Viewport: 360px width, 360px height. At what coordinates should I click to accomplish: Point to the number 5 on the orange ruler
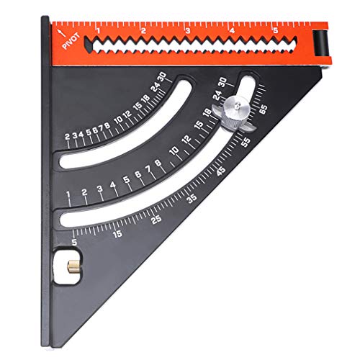pos(276,30)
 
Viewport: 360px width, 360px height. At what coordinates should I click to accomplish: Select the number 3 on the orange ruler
pos(187,30)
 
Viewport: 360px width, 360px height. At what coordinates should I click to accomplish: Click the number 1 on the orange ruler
pos(98,30)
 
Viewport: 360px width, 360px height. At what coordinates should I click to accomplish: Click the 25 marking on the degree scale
pos(156,220)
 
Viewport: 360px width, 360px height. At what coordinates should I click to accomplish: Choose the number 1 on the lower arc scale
pos(68,195)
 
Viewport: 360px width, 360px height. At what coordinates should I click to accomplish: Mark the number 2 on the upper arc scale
pos(67,136)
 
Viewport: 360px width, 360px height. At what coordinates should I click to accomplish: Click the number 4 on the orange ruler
pos(232,30)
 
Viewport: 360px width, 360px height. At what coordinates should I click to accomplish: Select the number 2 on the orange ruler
pos(143,30)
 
